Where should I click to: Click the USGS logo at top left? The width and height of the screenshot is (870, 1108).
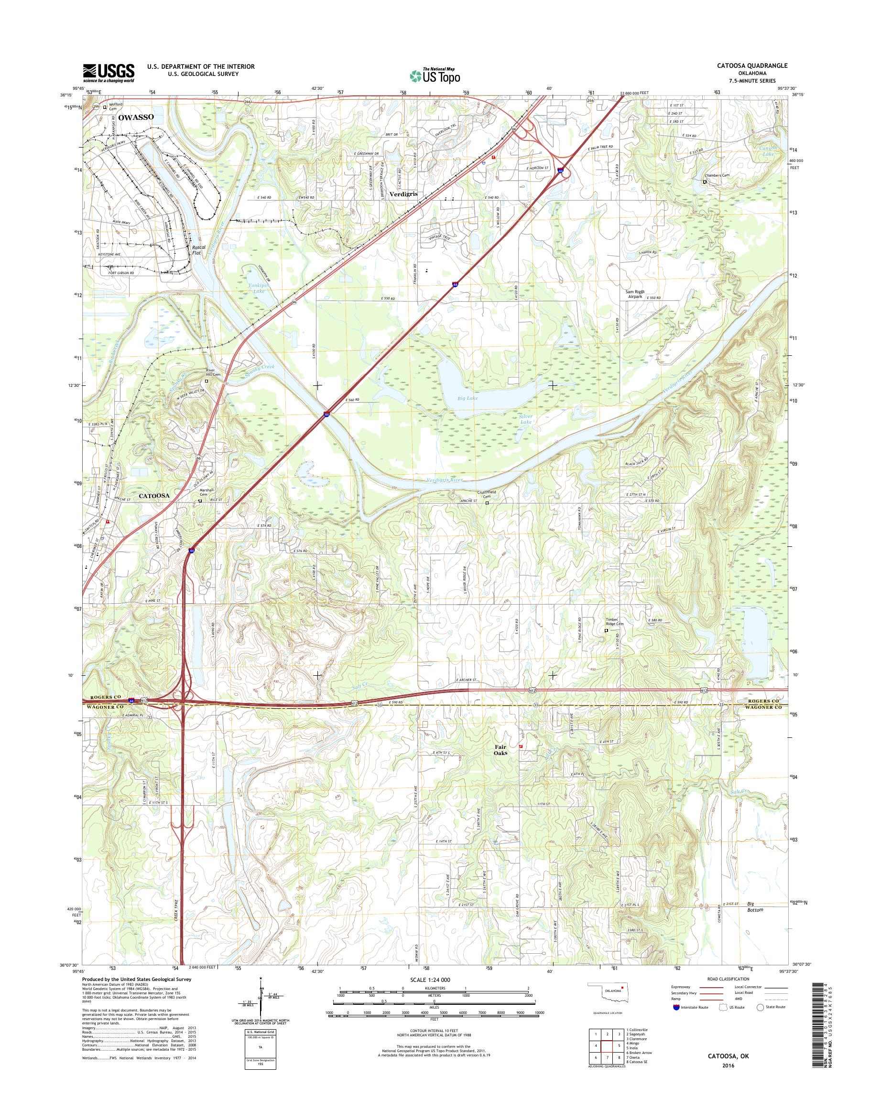[109, 73]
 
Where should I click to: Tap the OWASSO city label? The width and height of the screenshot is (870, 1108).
[136, 117]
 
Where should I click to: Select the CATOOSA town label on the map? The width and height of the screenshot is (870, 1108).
[153, 495]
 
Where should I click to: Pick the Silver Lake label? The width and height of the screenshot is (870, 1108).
[525, 419]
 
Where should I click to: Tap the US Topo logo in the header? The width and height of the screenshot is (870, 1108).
[435, 75]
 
